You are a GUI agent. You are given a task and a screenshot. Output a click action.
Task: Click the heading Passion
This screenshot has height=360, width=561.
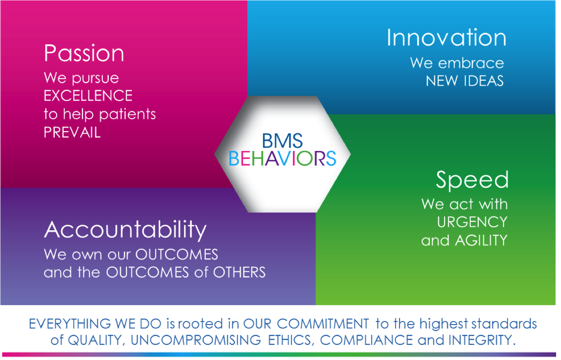[84, 54]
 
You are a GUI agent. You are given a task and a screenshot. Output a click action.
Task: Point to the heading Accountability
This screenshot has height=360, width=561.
[125, 230]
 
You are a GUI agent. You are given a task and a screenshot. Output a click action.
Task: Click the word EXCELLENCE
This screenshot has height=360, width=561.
[88, 96]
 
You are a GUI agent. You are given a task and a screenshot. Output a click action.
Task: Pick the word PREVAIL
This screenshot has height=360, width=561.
[72, 132]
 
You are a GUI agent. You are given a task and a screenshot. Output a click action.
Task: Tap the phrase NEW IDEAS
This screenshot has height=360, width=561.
[465, 81]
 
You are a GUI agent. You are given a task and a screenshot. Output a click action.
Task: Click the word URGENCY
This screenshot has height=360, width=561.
[472, 222]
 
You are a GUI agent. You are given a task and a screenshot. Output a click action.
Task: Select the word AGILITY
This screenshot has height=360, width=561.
[481, 240]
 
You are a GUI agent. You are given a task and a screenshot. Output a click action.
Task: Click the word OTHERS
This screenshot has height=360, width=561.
[239, 272]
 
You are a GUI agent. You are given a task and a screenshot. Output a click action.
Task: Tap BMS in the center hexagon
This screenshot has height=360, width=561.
[282, 141]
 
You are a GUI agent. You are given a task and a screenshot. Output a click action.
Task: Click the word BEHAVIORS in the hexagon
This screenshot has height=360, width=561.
[283, 158]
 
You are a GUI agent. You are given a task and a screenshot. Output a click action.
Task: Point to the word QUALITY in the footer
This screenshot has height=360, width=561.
[96, 340]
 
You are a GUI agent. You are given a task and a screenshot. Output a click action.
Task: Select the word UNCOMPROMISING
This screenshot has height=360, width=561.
[196, 340]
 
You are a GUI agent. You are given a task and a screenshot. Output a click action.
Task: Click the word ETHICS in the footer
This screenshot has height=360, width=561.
[291, 340]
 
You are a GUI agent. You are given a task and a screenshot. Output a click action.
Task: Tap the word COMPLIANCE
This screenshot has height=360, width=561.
[366, 340]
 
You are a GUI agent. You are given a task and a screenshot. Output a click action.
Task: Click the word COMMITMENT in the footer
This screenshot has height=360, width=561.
[323, 324]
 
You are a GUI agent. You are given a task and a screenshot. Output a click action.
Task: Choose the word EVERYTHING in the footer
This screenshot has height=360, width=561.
[70, 324]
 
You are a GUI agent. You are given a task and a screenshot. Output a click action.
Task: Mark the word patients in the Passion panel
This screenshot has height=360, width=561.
[127, 115]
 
